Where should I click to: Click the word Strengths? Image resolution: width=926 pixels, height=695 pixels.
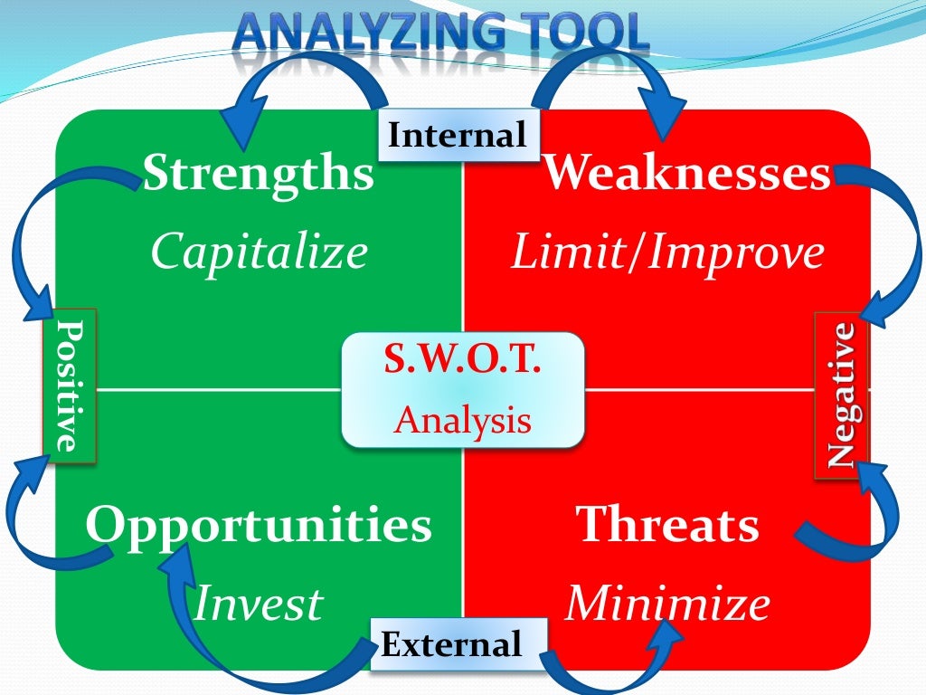pyautogui.click(x=258, y=174)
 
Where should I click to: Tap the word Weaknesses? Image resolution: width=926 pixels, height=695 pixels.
pyautogui.click(x=686, y=174)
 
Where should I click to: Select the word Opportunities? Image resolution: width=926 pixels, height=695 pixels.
pyautogui.click(x=259, y=525)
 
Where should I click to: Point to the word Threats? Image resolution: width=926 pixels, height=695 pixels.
pyautogui.click(x=667, y=525)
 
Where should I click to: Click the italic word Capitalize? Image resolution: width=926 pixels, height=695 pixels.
pyautogui.click(x=260, y=252)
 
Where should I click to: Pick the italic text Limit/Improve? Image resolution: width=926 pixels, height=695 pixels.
pyautogui.click(x=667, y=254)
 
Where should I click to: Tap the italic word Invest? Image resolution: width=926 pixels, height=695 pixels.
pyautogui.click(x=258, y=604)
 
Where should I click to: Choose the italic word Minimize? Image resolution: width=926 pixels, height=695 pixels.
pyautogui.click(x=667, y=604)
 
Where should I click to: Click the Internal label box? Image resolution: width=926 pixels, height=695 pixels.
pyautogui.click(x=457, y=136)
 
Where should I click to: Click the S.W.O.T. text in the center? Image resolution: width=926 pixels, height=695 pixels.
pyautogui.click(x=462, y=361)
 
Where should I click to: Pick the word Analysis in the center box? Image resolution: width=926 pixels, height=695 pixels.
pyautogui.click(x=462, y=421)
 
